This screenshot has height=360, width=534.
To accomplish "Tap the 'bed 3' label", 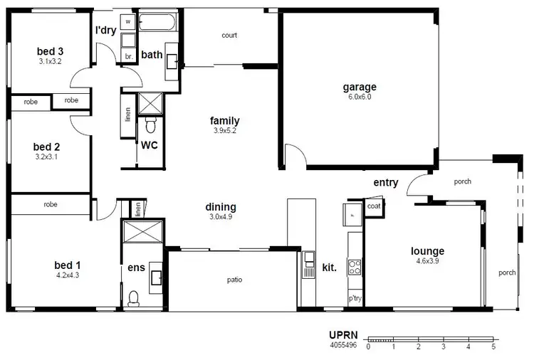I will click(x=51, y=51).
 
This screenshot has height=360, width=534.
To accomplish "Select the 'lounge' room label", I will click(x=427, y=251).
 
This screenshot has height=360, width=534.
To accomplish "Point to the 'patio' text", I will click(x=235, y=280).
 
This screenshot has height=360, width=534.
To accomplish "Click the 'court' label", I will click(x=229, y=35).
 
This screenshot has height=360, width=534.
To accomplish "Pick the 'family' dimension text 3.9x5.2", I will click(x=224, y=131).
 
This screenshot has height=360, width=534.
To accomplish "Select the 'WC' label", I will click(x=149, y=145).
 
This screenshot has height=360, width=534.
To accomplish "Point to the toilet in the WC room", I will click(x=150, y=126).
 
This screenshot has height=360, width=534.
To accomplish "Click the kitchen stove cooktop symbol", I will click(x=354, y=268).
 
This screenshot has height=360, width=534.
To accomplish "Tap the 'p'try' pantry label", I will click(x=354, y=299).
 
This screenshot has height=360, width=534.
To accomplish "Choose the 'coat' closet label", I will click(x=373, y=206).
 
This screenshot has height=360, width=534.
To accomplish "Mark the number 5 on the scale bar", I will click(x=493, y=347).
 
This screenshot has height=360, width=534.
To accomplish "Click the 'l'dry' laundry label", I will click(x=106, y=31).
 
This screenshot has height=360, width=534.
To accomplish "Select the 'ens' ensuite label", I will click(x=136, y=268).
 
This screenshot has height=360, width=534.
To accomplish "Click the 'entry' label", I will click(x=385, y=183).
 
